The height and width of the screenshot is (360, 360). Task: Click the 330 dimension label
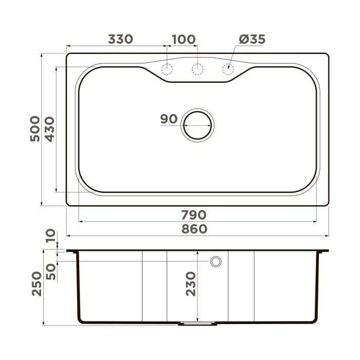click(x=120, y=40)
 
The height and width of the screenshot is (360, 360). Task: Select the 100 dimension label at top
click(x=183, y=40)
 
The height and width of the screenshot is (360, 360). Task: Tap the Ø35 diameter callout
click(x=253, y=40)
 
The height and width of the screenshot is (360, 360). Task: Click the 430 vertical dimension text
click(x=50, y=129)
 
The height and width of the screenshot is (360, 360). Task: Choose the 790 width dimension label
click(x=193, y=214)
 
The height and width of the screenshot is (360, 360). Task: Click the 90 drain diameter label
click(x=169, y=119)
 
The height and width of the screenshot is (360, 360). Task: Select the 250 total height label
click(x=37, y=284)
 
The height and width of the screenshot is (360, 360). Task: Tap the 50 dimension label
click(x=51, y=271)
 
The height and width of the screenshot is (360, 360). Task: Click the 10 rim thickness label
click(x=51, y=237)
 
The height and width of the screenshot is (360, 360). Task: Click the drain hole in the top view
click(x=197, y=124)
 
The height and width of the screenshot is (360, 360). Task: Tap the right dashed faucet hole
click(x=227, y=69)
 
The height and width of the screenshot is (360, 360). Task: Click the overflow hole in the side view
click(x=215, y=262)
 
